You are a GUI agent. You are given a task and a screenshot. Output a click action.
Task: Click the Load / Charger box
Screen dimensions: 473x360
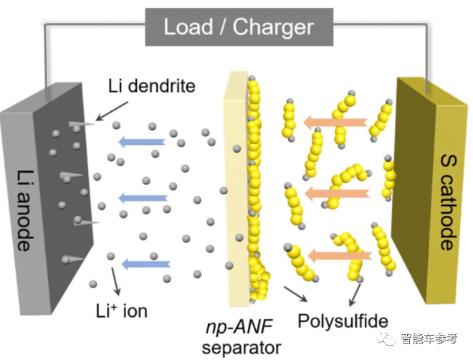(x=239, y=27)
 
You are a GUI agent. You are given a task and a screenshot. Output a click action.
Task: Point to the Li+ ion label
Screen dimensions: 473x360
(x=121, y=311)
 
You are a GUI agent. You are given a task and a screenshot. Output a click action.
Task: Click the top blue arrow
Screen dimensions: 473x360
(x=141, y=141)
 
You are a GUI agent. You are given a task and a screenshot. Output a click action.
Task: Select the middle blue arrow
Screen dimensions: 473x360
(x=141, y=198)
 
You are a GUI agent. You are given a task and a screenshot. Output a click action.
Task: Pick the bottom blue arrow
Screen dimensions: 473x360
(x=142, y=264)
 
